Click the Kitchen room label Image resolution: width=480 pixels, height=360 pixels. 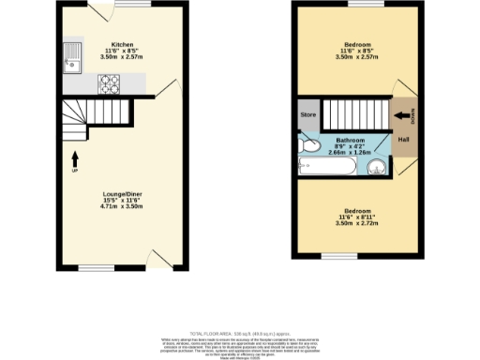pyautogui.click(x=122, y=44)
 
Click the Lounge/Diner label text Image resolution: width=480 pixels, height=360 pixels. pyautogui.click(x=122, y=194)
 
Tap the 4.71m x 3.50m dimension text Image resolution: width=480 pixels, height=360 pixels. pyautogui.click(x=122, y=209)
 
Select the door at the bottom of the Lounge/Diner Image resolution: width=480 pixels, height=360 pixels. pyautogui.click(x=161, y=260)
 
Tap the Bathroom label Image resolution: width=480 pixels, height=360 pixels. pyautogui.click(x=351, y=139)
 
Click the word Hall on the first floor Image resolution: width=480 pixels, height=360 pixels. pyautogui.click(x=403, y=141)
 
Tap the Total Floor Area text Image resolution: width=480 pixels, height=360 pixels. pyautogui.click(x=239, y=333)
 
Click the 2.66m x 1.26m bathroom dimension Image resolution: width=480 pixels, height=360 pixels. pyautogui.click(x=351, y=153)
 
